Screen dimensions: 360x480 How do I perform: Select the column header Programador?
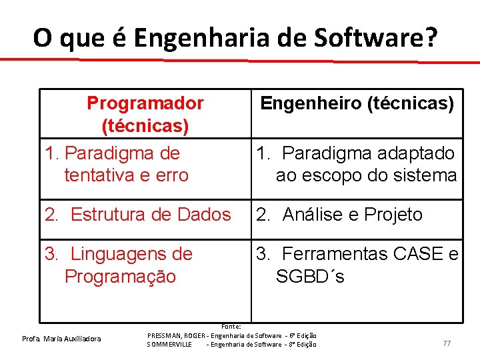coord(145,103)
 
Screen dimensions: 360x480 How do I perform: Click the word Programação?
coord(120,276)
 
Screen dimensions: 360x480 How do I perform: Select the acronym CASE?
coord(419,254)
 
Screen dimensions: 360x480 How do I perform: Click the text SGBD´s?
coord(310,276)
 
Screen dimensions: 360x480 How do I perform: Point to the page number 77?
coord(447,343)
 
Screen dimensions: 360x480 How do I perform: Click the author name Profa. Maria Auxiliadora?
coord(61,339)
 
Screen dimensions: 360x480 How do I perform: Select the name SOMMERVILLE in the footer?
coord(169,344)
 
